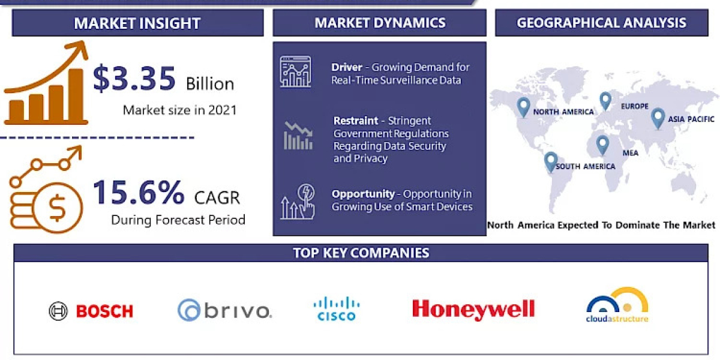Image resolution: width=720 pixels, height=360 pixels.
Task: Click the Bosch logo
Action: point(91,311)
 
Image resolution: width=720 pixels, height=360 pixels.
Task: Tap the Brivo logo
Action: point(224,310)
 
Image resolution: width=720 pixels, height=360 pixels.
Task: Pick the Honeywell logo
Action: point(473,309)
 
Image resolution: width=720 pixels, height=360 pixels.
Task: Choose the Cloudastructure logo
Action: point(617,306)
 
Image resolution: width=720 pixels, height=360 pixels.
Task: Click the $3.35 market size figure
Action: point(134,80)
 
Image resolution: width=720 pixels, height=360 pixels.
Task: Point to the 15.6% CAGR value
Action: point(139,192)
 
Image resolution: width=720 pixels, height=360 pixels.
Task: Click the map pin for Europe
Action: point(605,101)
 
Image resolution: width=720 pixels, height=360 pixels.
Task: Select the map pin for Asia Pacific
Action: point(658,117)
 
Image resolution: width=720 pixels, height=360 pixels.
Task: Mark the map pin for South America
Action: point(550,161)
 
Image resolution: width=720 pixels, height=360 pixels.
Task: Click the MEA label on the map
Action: point(630,153)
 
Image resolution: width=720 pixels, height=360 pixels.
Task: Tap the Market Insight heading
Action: point(137,23)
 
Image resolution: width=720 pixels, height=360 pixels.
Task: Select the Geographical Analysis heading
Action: point(601,23)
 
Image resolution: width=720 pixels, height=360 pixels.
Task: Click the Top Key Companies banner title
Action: point(361,253)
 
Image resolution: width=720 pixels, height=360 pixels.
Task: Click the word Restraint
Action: point(356,121)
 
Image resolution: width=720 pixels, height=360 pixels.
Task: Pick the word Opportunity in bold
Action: point(363,194)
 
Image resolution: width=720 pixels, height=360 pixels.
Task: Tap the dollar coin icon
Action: point(58,208)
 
